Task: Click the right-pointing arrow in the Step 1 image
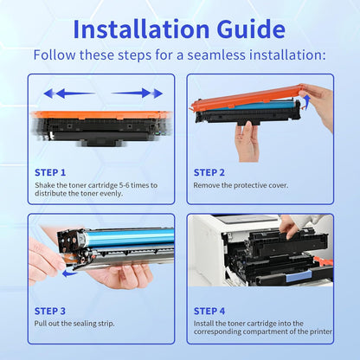point(138,93)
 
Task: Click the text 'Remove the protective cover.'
point(241,185)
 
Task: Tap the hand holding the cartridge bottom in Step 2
point(247,140)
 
